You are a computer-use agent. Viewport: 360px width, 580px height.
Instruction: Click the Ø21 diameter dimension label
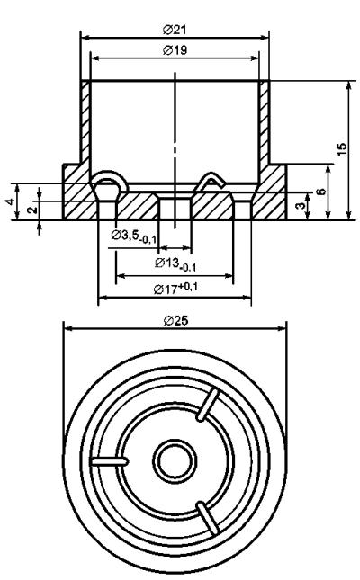(175, 30)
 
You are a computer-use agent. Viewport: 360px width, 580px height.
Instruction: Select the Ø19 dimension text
(175, 50)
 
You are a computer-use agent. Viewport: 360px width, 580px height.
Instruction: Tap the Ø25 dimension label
(175, 320)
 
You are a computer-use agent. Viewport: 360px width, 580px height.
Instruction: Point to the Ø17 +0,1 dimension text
(175, 288)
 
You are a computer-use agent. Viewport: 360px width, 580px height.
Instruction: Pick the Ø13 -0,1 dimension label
(175, 264)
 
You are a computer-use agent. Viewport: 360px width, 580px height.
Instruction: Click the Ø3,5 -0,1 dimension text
(134, 236)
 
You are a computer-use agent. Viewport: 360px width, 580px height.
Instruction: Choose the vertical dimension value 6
(322, 192)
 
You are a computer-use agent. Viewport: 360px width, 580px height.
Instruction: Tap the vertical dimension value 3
(301, 204)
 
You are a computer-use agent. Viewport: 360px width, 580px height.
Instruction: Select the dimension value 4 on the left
(11, 201)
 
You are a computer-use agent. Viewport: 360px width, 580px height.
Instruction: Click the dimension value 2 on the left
(32, 210)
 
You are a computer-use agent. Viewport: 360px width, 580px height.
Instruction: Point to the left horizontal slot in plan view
(109, 461)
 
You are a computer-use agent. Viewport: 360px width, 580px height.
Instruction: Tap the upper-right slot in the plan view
(208, 405)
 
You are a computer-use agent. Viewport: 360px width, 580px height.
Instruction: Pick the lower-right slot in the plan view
(208, 518)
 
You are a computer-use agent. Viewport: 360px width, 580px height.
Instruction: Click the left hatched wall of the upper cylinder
(85, 122)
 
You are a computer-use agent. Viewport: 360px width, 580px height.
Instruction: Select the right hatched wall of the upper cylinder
(265, 122)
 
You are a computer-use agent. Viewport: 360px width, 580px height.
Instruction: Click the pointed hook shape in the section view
(209, 182)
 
